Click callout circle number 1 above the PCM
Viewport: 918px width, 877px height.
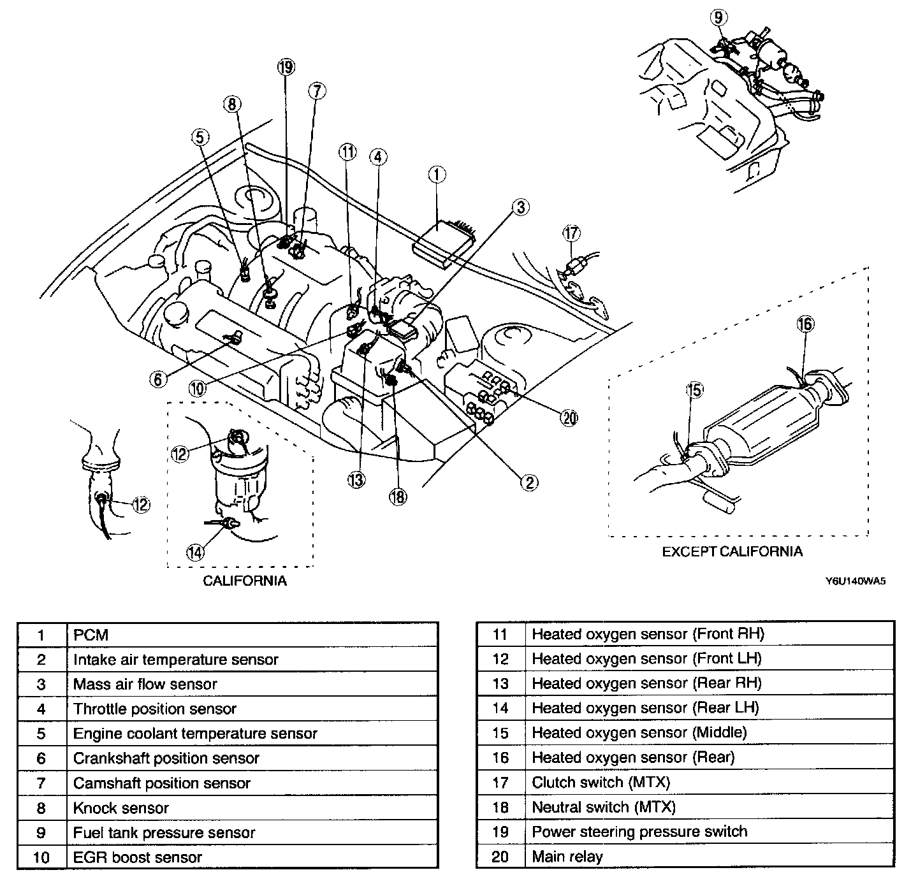[437, 174]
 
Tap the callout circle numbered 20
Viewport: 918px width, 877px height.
[569, 417]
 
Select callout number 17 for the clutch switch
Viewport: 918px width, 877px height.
[571, 233]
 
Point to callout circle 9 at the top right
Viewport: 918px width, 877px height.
[719, 17]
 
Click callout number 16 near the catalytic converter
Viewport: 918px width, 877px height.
[805, 324]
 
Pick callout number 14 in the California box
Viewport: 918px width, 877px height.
[196, 551]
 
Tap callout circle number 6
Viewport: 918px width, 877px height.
[158, 379]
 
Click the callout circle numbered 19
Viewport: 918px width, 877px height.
[286, 66]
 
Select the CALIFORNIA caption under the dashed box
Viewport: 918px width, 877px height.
[245, 581]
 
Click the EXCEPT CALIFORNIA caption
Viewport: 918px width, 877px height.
[732, 551]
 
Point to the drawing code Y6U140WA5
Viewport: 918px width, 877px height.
[856, 581]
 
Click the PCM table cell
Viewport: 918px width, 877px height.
[91, 635]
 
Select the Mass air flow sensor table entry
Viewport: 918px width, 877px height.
[145, 685]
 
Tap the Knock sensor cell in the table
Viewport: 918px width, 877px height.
[121, 808]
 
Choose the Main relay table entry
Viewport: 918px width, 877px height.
[567, 857]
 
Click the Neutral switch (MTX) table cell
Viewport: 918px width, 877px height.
[604, 807]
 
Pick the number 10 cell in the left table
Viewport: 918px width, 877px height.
[41, 857]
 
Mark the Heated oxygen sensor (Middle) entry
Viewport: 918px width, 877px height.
[639, 733]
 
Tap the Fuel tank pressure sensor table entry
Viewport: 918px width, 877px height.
[164, 832]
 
